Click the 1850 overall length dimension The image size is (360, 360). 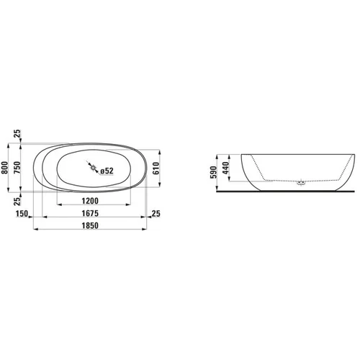(x=90, y=225)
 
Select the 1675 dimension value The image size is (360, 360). (x=90, y=213)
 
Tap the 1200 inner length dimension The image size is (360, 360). (x=90, y=201)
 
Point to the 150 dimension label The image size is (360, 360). (x=22, y=214)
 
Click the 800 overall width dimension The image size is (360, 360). (x=5, y=168)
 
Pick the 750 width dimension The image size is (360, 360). (x=17, y=168)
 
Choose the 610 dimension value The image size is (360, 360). (x=156, y=168)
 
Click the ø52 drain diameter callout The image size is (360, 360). (x=107, y=171)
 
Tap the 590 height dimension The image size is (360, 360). (x=213, y=172)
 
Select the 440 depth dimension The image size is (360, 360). (x=225, y=168)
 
